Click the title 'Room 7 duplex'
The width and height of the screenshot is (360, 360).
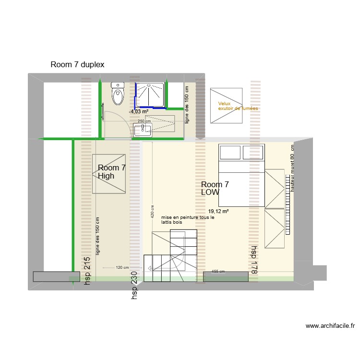tap(77, 64)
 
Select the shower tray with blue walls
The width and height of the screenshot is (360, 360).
tap(151, 95)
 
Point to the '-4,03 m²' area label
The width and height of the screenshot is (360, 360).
tap(138, 111)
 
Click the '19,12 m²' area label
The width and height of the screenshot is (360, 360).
tap(218, 211)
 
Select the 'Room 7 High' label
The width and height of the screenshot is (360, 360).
tap(111, 172)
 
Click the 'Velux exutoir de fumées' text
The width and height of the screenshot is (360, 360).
tap(238, 106)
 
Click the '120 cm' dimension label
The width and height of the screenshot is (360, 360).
tap(122, 268)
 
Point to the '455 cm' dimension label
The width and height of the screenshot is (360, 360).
tap(218, 272)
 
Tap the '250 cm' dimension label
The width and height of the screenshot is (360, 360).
tap(144, 121)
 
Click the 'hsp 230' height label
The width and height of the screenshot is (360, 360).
tap(135, 287)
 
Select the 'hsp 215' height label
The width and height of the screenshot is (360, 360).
tap(87, 272)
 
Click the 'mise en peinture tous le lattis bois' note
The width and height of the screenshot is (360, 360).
tap(188, 220)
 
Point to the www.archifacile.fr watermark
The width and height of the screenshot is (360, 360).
tap(331, 326)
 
